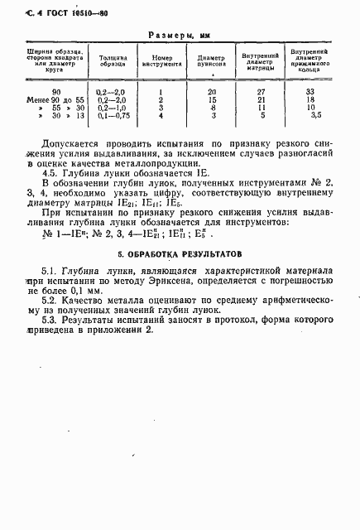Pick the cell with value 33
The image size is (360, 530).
point(310,91)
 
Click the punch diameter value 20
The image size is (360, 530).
point(212,91)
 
